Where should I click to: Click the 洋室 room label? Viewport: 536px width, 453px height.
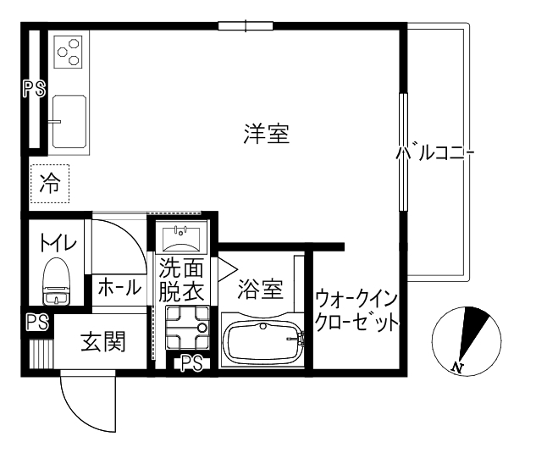tap(267, 134)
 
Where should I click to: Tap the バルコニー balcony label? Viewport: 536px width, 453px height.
tap(435, 154)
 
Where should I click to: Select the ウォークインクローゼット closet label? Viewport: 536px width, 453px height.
tap(356, 311)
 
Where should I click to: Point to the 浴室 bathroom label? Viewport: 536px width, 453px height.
tap(260, 289)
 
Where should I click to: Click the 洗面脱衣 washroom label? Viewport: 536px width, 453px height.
tap(181, 280)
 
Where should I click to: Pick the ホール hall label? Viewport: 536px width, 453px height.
tap(119, 286)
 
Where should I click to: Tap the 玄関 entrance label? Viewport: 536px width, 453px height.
tap(103, 342)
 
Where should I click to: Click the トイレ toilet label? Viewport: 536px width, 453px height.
tap(57, 242)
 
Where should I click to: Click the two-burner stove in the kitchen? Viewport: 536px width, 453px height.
tap(68, 52)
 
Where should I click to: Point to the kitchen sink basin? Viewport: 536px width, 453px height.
tap(69, 119)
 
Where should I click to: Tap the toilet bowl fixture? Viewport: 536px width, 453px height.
tap(58, 282)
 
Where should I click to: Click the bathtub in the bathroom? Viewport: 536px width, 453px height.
tap(263, 342)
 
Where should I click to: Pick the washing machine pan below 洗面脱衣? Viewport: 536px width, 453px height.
tap(185, 329)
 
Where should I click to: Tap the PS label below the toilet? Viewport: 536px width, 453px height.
tap(36, 323)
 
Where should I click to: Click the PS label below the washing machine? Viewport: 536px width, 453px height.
tap(192, 364)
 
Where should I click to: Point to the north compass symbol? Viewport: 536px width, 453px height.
tap(461, 342)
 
